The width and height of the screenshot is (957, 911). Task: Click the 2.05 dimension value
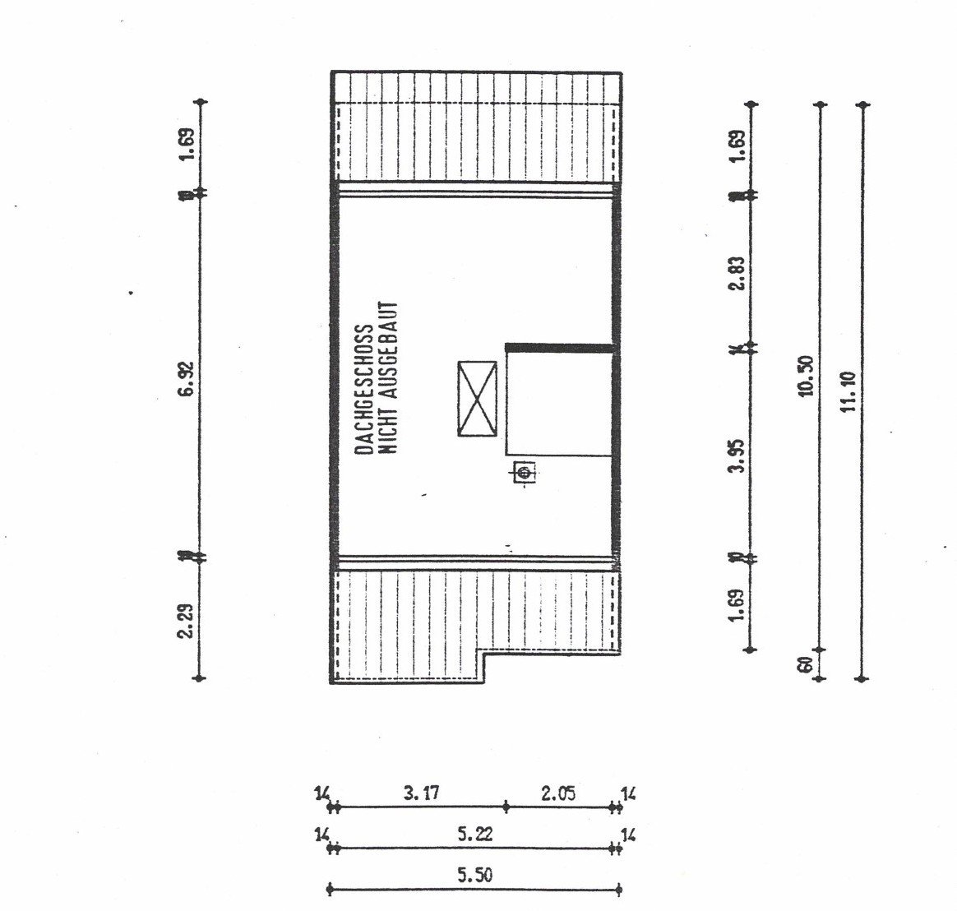click(x=559, y=794)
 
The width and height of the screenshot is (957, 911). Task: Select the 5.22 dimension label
click(x=473, y=834)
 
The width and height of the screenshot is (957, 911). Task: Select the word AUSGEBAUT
click(x=391, y=349)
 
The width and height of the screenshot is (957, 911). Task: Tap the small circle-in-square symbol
click(x=524, y=472)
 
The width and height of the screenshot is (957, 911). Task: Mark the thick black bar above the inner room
click(x=560, y=348)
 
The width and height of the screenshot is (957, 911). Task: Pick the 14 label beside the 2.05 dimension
click(x=629, y=794)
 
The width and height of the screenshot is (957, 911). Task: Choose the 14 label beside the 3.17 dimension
click(x=321, y=794)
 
